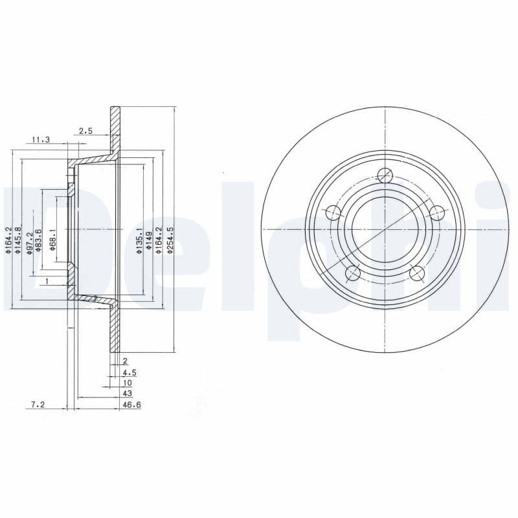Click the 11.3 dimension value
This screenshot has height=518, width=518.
pos(41,139)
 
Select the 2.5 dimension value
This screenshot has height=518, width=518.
pos(85,131)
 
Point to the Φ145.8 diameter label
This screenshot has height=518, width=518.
pos(19,238)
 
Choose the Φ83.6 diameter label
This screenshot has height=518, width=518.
pos(40,240)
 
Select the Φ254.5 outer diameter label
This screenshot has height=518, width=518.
pos(170,240)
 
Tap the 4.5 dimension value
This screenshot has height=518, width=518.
pos(129,373)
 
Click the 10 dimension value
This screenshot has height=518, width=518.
pos(127,383)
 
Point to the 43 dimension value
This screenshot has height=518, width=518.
pos(128,393)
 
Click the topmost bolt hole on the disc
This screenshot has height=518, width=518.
pos(385,175)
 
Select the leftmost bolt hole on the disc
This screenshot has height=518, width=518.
pos(333,212)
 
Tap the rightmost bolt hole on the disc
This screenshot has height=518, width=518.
pos(437,212)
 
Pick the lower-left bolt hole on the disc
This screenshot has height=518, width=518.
pos(353,273)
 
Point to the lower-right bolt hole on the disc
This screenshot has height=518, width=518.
pos(417,273)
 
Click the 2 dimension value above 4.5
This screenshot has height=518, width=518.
pos(125,361)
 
